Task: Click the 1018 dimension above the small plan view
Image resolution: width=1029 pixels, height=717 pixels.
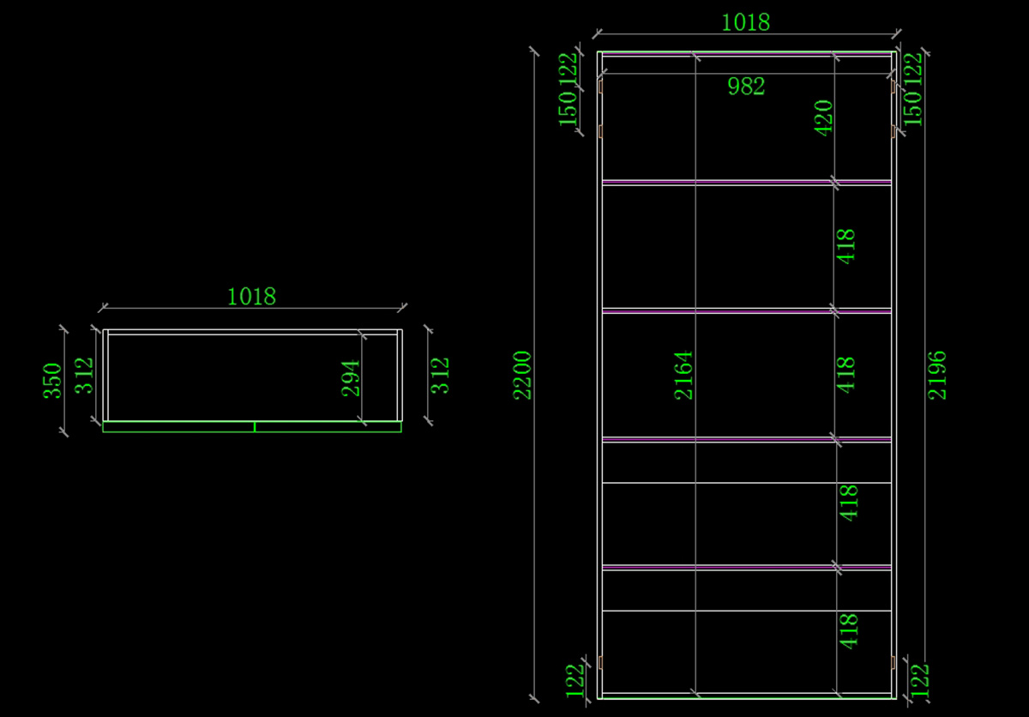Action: coord(252,296)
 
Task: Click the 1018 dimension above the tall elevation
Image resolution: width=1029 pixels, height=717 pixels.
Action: coord(745,22)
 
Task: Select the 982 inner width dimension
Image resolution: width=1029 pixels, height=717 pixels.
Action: coord(746,87)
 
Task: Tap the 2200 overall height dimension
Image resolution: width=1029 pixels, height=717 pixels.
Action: coord(522,376)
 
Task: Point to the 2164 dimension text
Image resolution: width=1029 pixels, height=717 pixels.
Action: coord(683,376)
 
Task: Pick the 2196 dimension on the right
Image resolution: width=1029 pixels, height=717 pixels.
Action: coord(937,376)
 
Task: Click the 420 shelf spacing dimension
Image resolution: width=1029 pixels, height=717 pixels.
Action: coord(823,118)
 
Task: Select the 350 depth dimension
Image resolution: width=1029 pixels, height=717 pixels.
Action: coord(52,381)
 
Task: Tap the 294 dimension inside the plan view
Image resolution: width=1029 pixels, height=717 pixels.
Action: coord(351,378)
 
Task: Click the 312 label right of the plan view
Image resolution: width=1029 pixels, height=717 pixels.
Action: coord(440,376)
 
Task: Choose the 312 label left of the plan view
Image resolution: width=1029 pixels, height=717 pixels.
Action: coord(84,376)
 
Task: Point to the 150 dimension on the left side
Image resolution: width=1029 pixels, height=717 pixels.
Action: coord(568,108)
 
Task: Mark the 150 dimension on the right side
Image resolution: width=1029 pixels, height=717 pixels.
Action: coord(912,108)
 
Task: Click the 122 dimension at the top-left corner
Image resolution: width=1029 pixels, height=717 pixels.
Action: coord(568,69)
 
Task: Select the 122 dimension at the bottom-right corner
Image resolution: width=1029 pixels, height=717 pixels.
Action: coord(919,682)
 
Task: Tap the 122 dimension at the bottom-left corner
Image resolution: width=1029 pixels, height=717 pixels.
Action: coord(575,682)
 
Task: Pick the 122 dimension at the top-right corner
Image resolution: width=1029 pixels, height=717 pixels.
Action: coord(912,69)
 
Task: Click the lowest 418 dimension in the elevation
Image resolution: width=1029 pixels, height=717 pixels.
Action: coord(848,631)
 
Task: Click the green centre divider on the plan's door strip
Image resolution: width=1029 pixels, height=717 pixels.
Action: coord(255,427)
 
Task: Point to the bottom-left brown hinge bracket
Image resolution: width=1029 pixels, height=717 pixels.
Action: coord(600,662)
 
